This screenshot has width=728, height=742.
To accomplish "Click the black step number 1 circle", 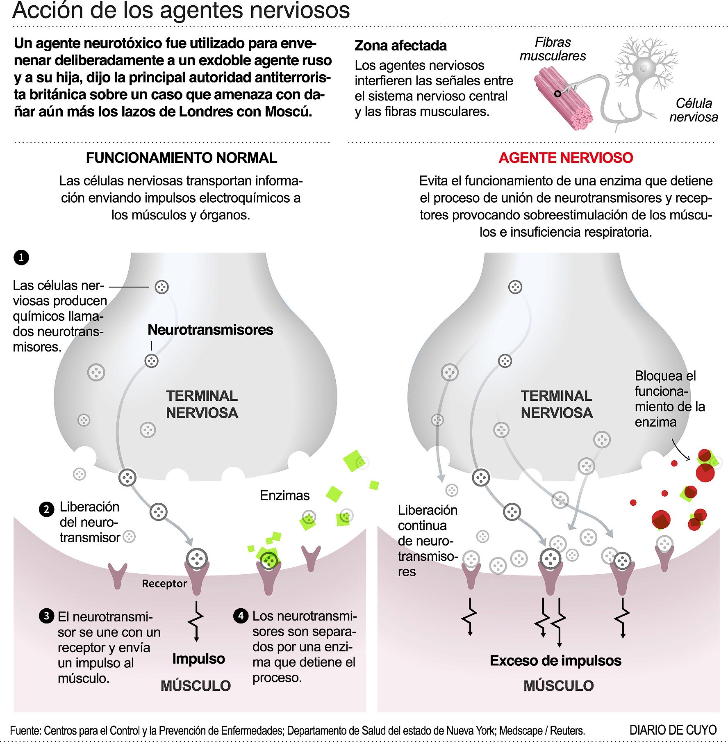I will click(x=21, y=258).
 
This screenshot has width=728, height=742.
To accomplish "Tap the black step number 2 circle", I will click(x=46, y=509).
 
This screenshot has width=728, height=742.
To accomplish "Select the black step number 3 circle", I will click(x=46, y=616).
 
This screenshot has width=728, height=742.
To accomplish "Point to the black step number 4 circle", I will click(x=241, y=615).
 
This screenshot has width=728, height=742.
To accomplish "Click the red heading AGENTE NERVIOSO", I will click(x=566, y=158).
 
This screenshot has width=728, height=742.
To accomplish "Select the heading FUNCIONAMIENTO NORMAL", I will click(x=181, y=158).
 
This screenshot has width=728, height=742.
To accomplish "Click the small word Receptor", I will click(x=164, y=583).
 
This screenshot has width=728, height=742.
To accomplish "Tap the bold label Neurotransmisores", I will click(x=210, y=330).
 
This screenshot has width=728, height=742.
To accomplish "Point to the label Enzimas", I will click(x=284, y=495).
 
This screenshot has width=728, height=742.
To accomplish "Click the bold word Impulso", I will click(x=198, y=658).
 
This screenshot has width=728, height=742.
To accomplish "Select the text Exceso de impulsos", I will click(x=555, y=660).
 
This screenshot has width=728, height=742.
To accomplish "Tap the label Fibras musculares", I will click(x=553, y=49).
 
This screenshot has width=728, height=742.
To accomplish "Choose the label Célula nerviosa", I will click(x=694, y=110).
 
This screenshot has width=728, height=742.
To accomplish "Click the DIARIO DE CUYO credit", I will click(x=673, y=730).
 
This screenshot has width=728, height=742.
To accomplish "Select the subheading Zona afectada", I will click(x=400, y=46).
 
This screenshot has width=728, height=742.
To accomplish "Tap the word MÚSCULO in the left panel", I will click(x=196, y=686).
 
